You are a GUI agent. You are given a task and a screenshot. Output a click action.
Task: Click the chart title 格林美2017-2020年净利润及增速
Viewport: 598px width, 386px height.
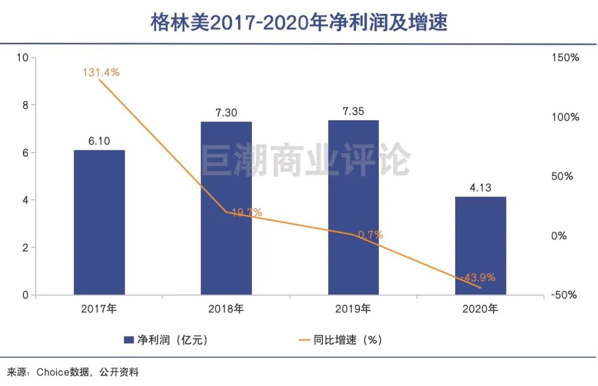[299, 22]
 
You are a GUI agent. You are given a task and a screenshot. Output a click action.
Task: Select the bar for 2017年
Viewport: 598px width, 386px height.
[99, 222]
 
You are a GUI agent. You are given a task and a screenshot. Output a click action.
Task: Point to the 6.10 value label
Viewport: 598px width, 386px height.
[99, 141]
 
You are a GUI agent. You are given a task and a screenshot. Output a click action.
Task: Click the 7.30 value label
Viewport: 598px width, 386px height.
[226, 113]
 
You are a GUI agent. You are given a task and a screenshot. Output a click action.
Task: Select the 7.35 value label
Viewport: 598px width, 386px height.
[353, 111]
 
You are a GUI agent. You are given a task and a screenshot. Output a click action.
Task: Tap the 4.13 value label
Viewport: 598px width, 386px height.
[480, 187]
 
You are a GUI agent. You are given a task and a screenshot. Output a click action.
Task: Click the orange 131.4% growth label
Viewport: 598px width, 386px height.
[101, 72]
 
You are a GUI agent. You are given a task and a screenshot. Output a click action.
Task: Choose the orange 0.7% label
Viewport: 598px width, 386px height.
[370, 235]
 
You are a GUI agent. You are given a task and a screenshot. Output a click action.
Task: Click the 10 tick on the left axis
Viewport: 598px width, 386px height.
[23, 58]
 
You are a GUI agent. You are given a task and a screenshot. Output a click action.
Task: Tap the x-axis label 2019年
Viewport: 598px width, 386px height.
[353, 309]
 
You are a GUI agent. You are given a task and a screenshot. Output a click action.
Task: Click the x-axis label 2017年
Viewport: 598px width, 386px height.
[99, 309]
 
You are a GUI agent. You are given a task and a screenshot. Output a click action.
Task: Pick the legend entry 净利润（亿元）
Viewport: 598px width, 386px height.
[166, 340]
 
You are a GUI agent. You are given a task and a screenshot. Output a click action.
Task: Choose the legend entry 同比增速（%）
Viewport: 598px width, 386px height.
[340, 340]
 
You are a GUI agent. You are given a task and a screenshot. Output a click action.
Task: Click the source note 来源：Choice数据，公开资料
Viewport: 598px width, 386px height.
[73, 372]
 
